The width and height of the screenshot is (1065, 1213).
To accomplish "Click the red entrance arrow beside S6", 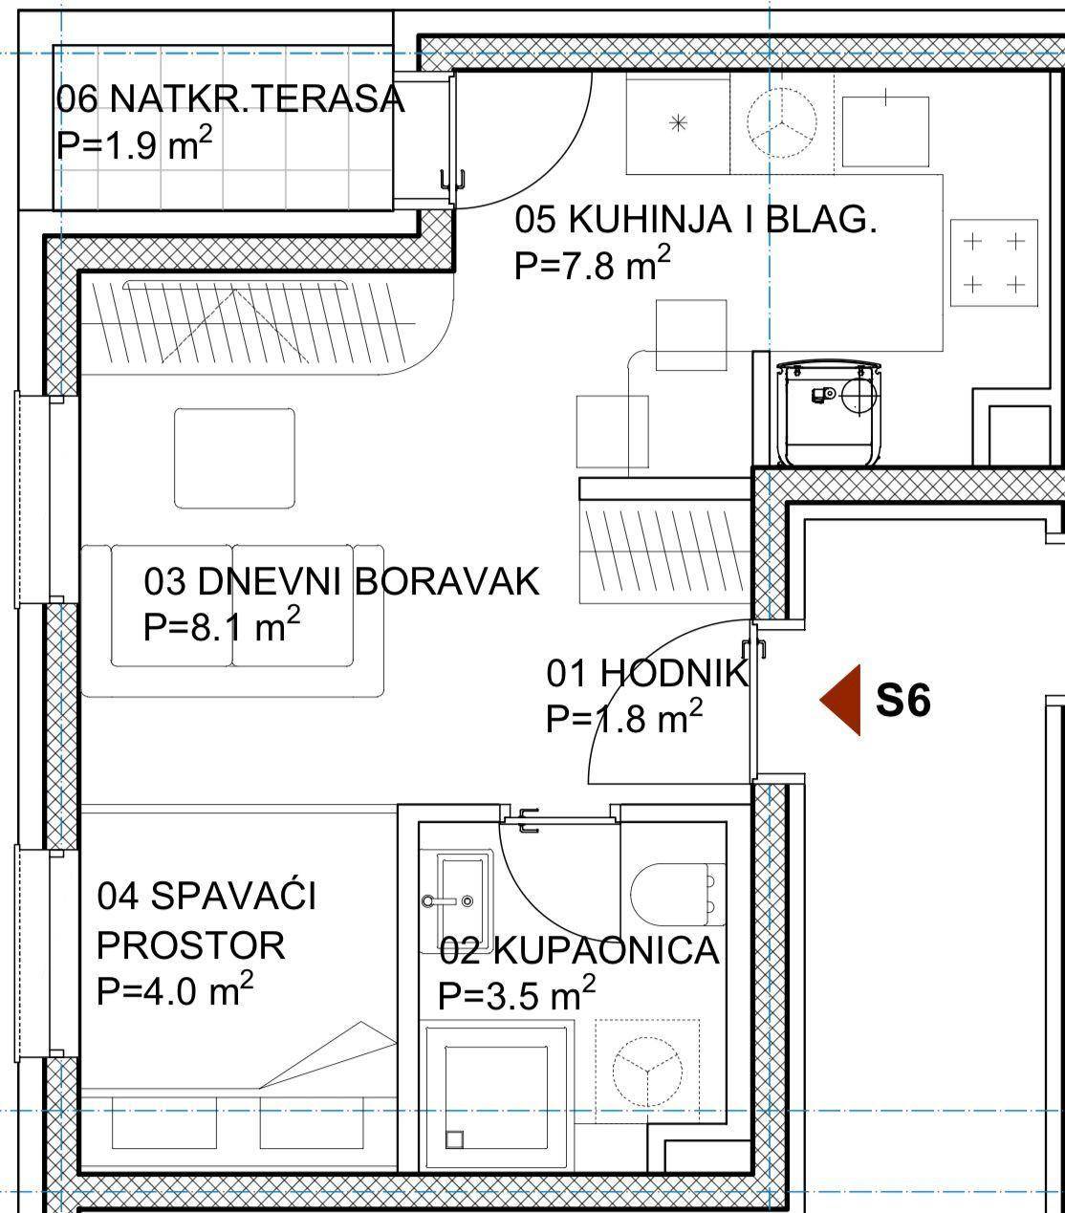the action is coord(844,700).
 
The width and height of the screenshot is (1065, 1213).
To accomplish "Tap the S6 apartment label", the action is coord(903,701).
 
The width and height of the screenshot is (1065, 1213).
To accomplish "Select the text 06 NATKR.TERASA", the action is coord(230,98).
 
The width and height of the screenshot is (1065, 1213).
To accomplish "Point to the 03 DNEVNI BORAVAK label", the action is coord(341,581).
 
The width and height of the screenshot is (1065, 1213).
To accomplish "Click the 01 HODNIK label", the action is coord(647,673).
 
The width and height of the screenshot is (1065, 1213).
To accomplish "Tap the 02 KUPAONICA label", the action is coord(579,950).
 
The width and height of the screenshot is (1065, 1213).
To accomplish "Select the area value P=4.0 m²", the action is coord(175,991).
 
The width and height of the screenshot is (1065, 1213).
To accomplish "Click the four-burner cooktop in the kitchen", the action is coord(993,263).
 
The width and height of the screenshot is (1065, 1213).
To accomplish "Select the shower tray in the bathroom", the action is coord(496,1097).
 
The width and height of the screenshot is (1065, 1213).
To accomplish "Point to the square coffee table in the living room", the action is coord(235,458).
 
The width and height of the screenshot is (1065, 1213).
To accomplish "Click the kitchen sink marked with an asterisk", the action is coord(678,124).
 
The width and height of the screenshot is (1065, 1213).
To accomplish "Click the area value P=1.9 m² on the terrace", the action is coord(135,144).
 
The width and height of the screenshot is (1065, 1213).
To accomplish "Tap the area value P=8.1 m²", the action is coord(222,626).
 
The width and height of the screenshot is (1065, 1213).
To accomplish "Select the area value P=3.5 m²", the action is coord(517,995).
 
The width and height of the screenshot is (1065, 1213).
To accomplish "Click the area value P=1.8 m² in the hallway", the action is coord(624,717).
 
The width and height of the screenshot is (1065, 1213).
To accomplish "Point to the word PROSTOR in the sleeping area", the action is coord(190,945).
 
